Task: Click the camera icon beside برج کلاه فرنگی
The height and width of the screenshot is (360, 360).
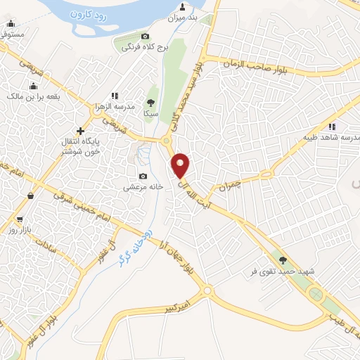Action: pyautogui.click(x=145, y=36)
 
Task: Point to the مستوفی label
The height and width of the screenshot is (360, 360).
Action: pyautogui.click(x=13, y=33)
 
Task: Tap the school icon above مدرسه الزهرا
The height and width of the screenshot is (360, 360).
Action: pyautogui.click(x=114, y=96)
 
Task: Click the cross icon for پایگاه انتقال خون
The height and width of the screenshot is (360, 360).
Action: pyautogui.click(x=81, y=130)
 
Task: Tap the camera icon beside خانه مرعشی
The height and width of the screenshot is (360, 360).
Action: pyautogui.click(x=143, y=176)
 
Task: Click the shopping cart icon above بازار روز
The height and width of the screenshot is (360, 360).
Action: pyautogui.click(x=19, y=219)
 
